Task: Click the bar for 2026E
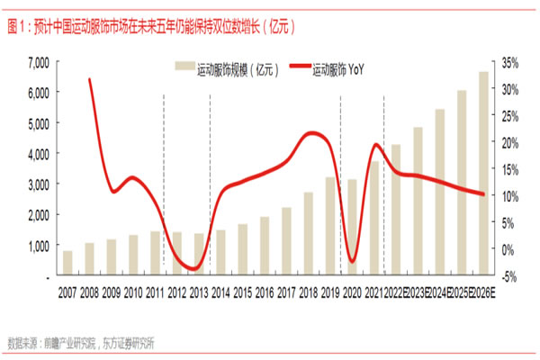tap(482, 171)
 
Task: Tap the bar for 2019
tap(330, 226)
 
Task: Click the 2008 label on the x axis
tap(90, 294)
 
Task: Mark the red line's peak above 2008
tap(90, 80)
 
